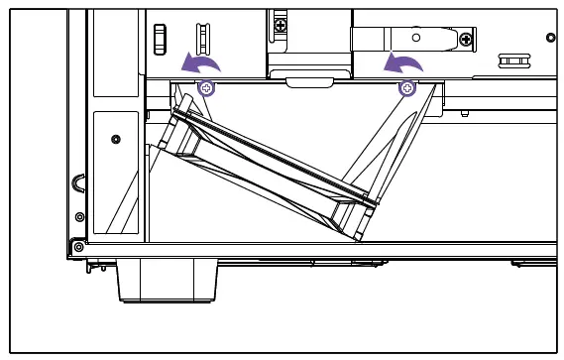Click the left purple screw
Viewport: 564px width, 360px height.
206,89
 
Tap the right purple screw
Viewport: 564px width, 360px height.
406,89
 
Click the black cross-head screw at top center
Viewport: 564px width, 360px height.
282,21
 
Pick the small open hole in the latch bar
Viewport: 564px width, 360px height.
415,35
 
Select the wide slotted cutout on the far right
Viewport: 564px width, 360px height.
512,61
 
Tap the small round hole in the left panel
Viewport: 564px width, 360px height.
116,138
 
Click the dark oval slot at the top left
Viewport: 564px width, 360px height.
157,36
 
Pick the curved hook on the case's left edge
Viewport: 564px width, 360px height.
78,184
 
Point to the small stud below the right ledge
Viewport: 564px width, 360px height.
464,116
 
